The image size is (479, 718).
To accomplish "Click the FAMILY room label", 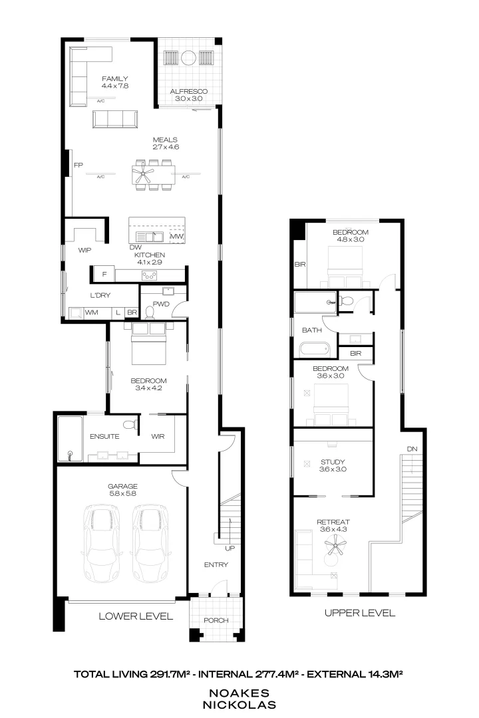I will click(x=115, y=78).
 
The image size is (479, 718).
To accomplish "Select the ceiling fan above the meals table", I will click(x=142, y=176).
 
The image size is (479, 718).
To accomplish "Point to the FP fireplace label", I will click(x=78, y=165).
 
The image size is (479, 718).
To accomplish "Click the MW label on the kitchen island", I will click(x=176, y=237).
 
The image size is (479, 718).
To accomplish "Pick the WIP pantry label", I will click(x=84, y=251).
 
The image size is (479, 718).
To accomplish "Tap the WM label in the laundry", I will click(x=91, y=312).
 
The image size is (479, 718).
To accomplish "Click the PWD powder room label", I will click(x=161, y=304).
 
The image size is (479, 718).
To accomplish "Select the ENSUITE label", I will click(x=104, y=437).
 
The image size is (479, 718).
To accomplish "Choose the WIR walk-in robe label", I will click(x=158, y=437).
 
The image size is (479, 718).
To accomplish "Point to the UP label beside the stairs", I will click(x=230, y=548).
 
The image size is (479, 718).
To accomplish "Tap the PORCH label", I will click(x=216, y=620).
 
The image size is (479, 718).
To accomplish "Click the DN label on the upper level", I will click(x=412, y=449).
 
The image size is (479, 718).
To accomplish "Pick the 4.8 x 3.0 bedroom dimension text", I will click(x=351, y=240).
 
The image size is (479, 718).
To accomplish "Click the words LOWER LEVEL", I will click(x=136, y=616).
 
